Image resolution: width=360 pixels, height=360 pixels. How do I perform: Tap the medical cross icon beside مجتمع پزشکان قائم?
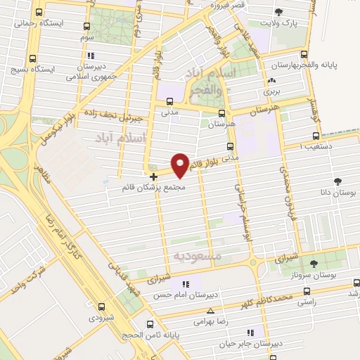pyautogui.click(x=153, y=176)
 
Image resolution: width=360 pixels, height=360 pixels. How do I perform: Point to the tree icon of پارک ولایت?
pyautogui.click(x=279, y=11)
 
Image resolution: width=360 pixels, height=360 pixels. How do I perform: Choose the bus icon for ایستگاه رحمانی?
pyautogui.click(x=38, y=12)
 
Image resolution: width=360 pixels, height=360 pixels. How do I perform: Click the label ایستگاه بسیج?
pyautogui.click(x=32, y=69)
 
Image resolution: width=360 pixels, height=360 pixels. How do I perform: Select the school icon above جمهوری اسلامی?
pyautogui.click(x=89, y=56)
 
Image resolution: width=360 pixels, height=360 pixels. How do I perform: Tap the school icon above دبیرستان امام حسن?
pyautogui.click(x=186, y=284)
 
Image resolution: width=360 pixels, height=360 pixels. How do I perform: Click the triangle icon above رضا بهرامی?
pyautogui.click(x=210, y=311)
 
